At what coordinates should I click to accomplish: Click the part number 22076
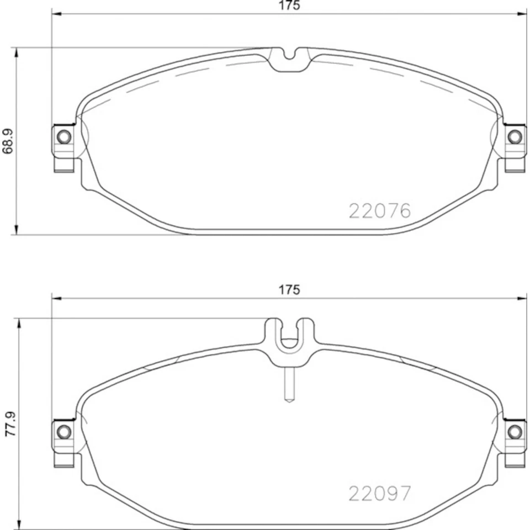[x=379, y=211]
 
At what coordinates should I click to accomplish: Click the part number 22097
[x=379, y=493]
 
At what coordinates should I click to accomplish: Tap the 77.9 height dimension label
[x=9, y=423]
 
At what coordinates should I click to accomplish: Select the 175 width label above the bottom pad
[x=289, y=289]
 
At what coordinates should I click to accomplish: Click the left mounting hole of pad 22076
[x=64, y=136]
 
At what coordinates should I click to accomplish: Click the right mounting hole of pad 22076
[x=515, y=136]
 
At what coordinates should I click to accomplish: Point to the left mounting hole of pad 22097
[x=64, y=431]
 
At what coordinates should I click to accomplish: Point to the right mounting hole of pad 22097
[x=515, y=431]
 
